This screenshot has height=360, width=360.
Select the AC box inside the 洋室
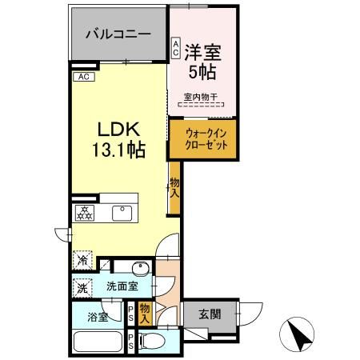click(x=176, y=48)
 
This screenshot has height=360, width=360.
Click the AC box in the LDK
click(x=85, y=77)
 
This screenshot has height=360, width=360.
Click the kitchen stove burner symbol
click(x=84, y=212)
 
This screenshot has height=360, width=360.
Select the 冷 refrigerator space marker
click(x=83, y=259)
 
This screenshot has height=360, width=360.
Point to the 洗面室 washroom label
click(x=122, y=286)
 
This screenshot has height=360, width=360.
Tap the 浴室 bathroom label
click(x=101, y=314)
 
